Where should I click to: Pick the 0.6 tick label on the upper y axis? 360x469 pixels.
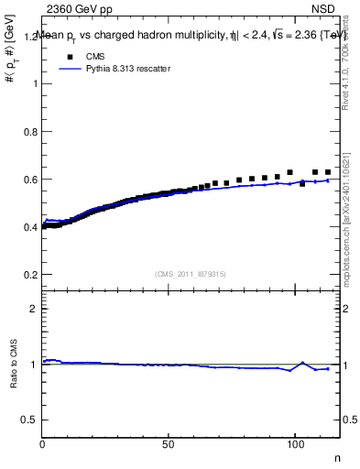(x=28, y=180)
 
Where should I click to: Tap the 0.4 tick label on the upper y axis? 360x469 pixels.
(x=28, y=227)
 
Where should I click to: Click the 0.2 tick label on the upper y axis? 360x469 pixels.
(x=28, y=275)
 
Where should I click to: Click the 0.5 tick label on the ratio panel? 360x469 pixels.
(x=28, y=420)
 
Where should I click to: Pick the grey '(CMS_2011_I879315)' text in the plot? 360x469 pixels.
(x=191, y=273)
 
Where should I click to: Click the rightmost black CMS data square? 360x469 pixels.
(x=328, y=172)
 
